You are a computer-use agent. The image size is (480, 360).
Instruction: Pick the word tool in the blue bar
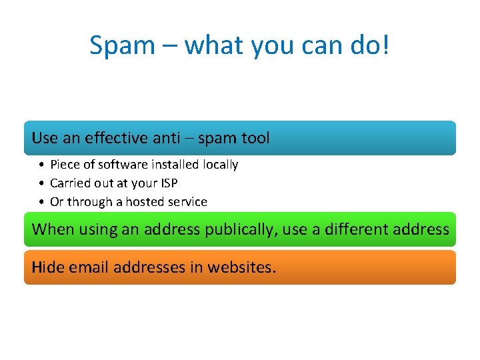tap(256, 138)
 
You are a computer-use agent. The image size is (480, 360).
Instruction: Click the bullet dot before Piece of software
tap(41, 165)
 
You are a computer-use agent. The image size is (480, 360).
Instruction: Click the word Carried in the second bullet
tap(69, 183)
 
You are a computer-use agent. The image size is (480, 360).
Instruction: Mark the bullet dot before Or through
tap(41, 201)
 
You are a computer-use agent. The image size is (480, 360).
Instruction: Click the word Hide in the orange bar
tap(45, 267)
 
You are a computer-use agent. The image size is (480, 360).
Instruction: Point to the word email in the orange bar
tap(85, 267)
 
